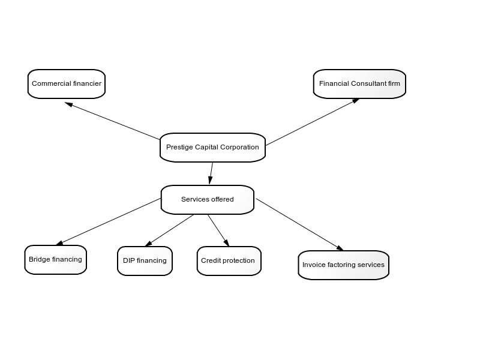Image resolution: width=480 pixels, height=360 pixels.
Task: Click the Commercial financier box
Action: [67, 84]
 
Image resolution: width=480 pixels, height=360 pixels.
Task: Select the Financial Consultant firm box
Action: [359, 84]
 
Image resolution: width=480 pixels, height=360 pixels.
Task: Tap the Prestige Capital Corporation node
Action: [212, 148]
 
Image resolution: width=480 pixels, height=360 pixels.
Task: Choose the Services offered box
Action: [208, 200]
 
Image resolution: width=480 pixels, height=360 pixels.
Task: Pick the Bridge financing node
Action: [55, 260]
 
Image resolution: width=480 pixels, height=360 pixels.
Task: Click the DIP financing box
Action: [145, 261]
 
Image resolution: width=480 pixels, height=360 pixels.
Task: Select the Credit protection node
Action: [229, 261]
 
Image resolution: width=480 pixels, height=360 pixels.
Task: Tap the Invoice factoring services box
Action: [343, 265]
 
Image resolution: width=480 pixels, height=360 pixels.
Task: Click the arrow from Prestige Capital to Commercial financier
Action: [112, 121]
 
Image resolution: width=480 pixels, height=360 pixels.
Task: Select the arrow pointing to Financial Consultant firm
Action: [312, 122]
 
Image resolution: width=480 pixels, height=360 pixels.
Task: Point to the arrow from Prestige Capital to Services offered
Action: [211, 173]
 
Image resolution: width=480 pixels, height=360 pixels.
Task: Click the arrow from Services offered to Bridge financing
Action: [109, 221]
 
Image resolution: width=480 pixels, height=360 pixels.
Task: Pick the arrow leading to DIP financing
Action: [169, 230]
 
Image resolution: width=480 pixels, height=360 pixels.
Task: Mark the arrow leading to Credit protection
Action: [218, 230]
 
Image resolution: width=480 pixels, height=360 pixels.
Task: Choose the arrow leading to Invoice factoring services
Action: [299, 224]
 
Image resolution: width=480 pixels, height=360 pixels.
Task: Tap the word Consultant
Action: [369, 83]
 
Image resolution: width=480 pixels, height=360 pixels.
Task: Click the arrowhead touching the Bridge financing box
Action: [59, 244]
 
